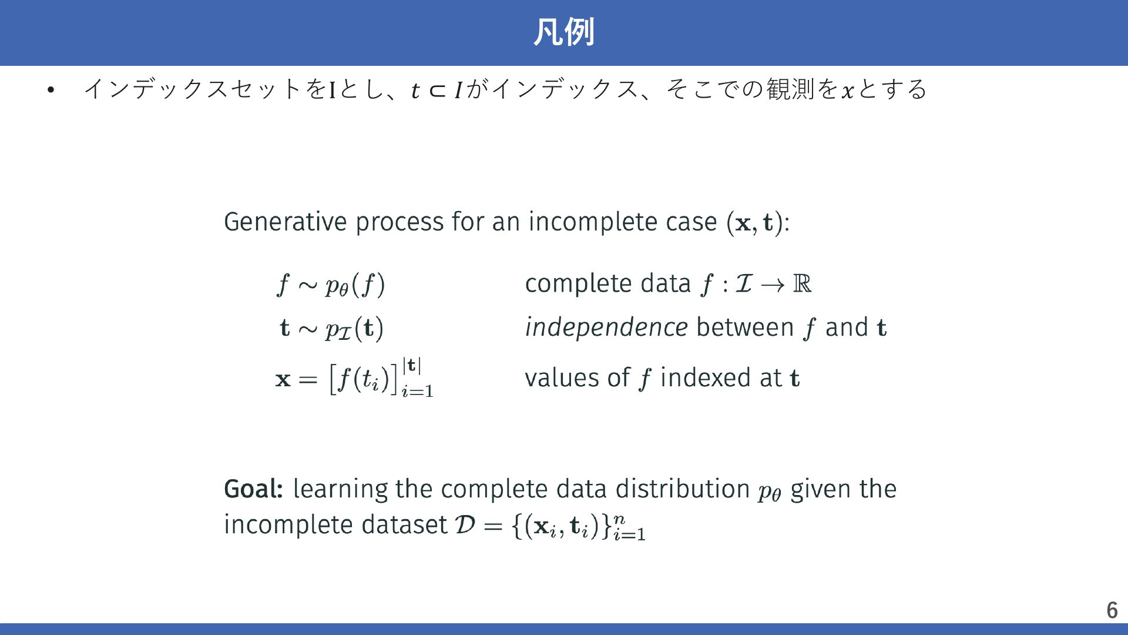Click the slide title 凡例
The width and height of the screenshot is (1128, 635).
click(563, 32)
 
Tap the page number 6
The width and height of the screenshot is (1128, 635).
click(1112, 610)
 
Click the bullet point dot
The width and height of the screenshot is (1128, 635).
click(51, 90)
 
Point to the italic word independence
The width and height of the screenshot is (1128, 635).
click(606, 327)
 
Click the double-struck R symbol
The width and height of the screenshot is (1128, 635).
click(802, 283)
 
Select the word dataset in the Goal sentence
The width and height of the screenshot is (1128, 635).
click(405, 524)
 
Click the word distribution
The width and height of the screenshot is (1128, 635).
click(683, 489)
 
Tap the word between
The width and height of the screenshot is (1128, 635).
click(745, 327)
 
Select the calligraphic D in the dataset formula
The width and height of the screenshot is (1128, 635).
click(465, 524)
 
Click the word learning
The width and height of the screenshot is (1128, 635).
click(340, 489)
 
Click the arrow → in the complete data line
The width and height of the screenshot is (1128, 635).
click(772, 285)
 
